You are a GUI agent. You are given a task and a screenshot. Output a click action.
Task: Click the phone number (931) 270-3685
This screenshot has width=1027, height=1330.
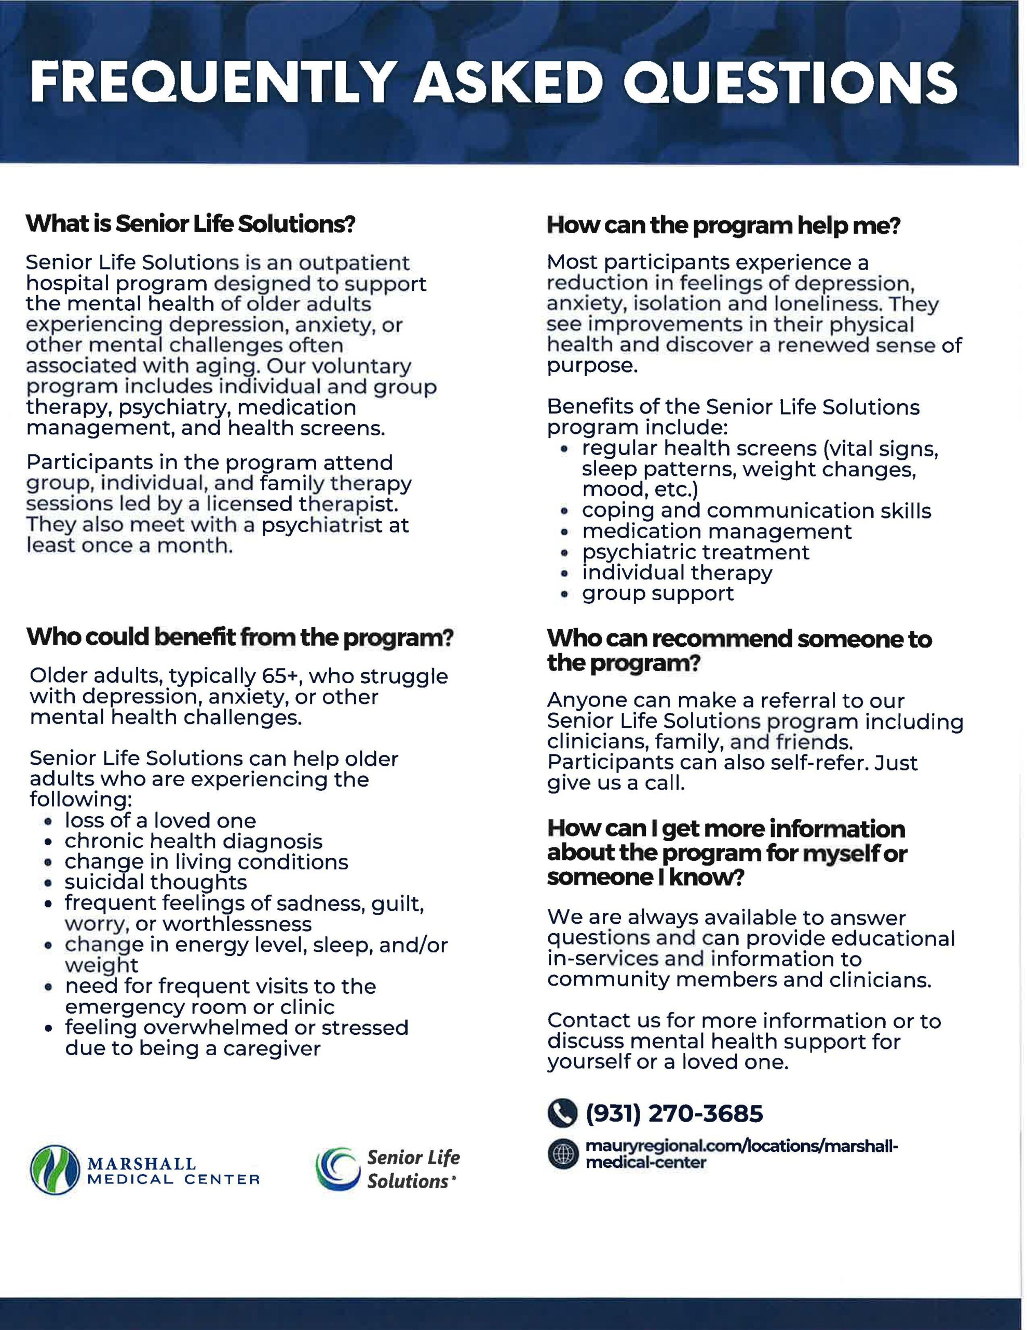coord(673,1114)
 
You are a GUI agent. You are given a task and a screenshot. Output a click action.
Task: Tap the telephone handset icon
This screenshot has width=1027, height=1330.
coord(561,1114)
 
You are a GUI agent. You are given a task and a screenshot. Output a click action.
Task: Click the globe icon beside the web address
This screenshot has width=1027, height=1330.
coord(561,1154)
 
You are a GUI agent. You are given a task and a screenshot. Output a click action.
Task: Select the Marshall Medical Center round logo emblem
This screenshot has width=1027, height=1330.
coord(55,1170)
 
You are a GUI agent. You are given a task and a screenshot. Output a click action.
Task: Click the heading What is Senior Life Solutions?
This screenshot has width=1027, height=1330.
coord(190,224)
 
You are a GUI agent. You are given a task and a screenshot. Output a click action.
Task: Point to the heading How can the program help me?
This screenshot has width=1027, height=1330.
coord(723,225)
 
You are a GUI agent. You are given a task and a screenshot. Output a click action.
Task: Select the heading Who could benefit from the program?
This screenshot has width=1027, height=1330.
coord(240,637)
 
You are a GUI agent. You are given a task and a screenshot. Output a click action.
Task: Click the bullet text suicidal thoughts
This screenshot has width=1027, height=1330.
coord(156,882)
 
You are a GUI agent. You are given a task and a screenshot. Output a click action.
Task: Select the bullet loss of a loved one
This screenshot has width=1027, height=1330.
coord(160,820)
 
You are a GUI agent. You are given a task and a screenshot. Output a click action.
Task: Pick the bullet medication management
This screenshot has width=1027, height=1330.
coord(717,531)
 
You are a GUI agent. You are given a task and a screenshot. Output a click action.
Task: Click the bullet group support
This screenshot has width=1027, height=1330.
coord(657,594)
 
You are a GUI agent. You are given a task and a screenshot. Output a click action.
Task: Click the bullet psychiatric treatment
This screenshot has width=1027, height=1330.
coord(695,552)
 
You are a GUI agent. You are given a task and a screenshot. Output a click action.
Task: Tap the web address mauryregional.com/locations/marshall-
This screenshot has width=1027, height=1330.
coord(741,1146)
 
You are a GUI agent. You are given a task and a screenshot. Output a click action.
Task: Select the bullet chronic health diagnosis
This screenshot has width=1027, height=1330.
coord(194,841)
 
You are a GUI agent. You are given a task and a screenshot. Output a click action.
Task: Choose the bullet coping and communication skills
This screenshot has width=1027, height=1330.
coord(756,511)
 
